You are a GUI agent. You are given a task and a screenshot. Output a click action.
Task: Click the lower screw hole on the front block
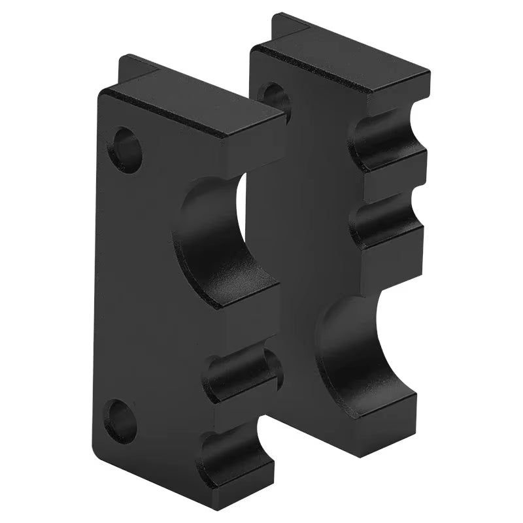122,421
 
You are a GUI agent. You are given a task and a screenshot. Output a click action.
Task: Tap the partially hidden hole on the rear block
275,99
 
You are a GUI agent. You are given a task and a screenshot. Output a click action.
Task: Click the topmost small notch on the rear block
386,141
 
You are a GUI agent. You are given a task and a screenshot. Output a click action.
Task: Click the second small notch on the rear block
386,219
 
